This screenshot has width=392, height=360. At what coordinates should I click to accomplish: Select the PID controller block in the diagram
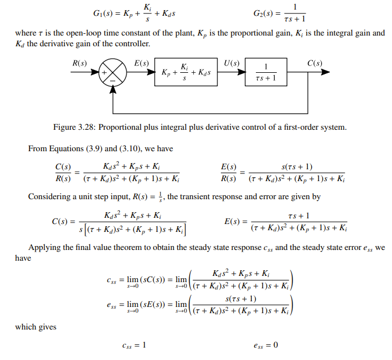186,73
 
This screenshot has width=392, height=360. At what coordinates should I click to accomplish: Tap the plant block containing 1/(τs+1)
265,73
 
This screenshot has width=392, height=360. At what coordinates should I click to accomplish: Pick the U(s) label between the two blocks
232,63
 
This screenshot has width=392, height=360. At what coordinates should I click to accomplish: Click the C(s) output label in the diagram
315,63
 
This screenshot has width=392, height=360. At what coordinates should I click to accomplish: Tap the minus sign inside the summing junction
112,81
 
